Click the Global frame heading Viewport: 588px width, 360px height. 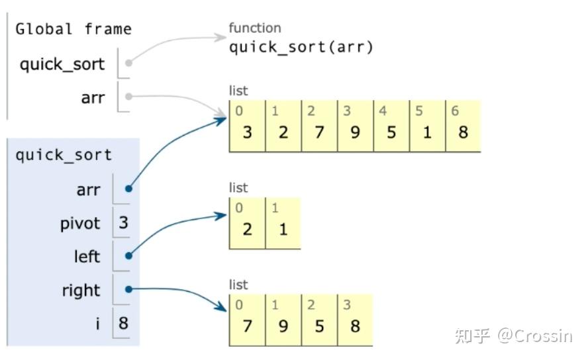(73, 29)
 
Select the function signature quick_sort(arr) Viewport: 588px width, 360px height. (301, 48)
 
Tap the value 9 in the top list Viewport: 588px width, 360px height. (355, 132)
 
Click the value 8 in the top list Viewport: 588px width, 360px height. (463, 132)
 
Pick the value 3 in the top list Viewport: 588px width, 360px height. (247, 132)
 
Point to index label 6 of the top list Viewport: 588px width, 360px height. (455, 111)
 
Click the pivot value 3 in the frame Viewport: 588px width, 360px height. (123, 222)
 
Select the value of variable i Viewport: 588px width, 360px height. (123, 323)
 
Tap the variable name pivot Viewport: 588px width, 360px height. (80, 224)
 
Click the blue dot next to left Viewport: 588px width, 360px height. (128, 256)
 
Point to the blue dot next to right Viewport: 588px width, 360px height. (128, 289)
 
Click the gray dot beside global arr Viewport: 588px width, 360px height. (128, 97)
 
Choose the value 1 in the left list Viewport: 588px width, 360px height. (283, 229)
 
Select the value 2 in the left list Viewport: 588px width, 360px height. (247, 229)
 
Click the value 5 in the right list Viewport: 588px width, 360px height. (319, 326)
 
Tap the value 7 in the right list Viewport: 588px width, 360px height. (247, 326)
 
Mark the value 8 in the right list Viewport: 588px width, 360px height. (355, 326)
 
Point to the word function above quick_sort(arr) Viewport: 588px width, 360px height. (255, 28)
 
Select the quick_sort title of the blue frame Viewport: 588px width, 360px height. (64, 156)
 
